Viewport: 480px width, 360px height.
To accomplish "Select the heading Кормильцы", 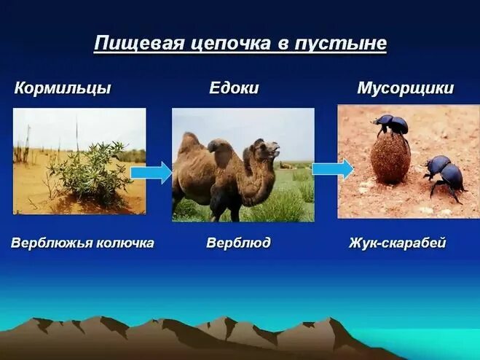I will pyautogui.click(x=63, y=89).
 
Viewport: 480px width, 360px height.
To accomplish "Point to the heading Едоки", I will pyautogui.click(x=234, y=89).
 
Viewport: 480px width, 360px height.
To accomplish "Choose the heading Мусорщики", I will pyautogui.click(x=405, y=89).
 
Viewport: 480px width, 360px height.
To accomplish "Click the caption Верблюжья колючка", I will pyautogui.click(x=82, y=243).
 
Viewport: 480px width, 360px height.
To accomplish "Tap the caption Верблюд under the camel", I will pyautogui.click(x=238, y=243).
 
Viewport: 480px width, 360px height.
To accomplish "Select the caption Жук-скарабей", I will pyautogui.click(x=398, y=243).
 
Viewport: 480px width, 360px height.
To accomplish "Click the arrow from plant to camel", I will pyautogui.click(x=152, y=172).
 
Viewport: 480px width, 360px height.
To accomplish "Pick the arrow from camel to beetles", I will pyautogui.click(x=332, y=168).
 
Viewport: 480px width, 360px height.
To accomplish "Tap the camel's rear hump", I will pyautogui.click(x=189, y=142).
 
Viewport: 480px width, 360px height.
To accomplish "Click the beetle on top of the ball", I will pyautogui.click(x=392, y=125).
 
